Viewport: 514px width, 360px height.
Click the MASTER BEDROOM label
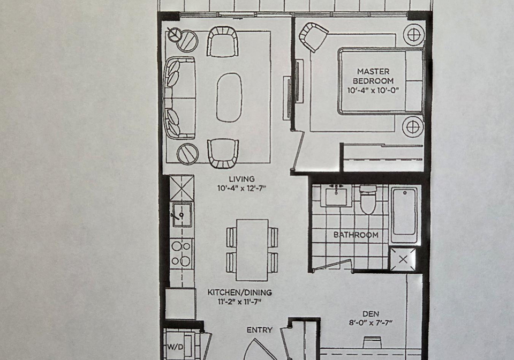[x=373, y=76]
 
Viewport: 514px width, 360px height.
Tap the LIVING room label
[x=241, y=179]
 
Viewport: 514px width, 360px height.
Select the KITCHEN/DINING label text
[x=240, y=292]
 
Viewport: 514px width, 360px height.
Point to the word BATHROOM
[x=356, y=235]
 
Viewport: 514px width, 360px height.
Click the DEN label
[x=371, y=314]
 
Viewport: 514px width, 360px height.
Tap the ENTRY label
[x=259, y=330]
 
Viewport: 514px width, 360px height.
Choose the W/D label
[x=176, y=347]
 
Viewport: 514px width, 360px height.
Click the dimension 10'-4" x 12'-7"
[x=241, y=188]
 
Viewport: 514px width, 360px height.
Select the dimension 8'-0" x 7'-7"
[x=371, y=323]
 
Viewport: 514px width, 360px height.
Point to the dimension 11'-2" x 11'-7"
[x=240, y=301]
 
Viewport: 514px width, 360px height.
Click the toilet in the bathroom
[x=368, y=199]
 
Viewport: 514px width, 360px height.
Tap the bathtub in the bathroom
[x=405, y=214]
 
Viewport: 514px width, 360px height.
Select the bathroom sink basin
[x=336, y=196]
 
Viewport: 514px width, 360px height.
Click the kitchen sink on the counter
[x=182, y=214]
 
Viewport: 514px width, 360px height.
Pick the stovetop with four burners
[x=182, y=253]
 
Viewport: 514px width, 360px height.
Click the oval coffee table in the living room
[x=229, y=97]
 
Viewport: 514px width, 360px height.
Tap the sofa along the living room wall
[x=180, y=98]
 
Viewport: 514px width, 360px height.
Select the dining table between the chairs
[x=252, y=250]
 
